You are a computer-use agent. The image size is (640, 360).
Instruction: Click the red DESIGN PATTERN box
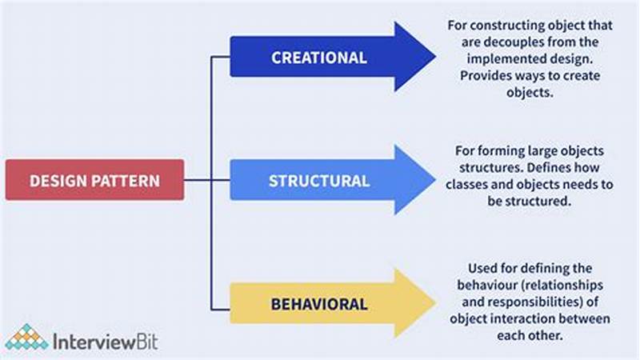[94, 180]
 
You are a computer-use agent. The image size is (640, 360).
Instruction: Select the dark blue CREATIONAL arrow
[320, 58]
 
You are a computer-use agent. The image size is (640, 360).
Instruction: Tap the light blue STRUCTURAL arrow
[320, 180]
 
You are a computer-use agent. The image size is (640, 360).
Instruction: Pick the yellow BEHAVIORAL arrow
[320, 304]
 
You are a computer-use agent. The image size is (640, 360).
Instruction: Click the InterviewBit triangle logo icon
[26, 338]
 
